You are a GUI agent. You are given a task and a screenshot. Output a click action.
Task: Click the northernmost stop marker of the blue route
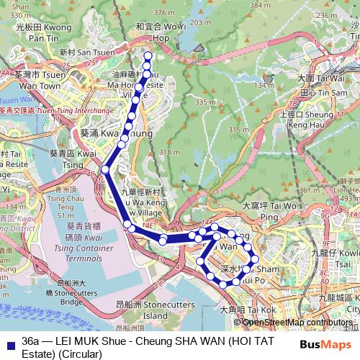pyautogui.click(x=148, y=55)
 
